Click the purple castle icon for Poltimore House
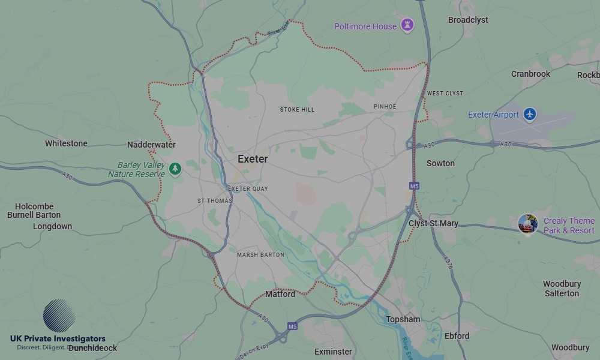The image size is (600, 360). (407, 26)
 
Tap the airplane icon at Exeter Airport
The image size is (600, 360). (529, 114)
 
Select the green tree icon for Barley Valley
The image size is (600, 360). (175, 169)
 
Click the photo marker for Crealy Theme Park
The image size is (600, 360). (527, 224)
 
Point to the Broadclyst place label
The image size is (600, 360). (468, 20)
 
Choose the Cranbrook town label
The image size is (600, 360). (530, 74)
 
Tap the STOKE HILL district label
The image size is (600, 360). (297, 110)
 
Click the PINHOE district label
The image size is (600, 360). (385, 107)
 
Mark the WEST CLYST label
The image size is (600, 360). (445, 94)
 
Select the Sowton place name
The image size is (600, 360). (440, 163)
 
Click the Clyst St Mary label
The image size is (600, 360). (433, 223)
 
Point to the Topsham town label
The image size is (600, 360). (403, 319)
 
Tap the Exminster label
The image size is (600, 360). (333, 351)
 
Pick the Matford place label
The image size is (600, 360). (280, 294)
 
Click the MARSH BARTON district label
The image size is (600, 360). (260, 255)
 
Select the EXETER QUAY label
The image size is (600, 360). (248, 189)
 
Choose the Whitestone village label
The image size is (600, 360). (66, 143)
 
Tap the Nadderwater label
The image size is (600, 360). (151, 145)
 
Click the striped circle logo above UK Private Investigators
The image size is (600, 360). (59, 316)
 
